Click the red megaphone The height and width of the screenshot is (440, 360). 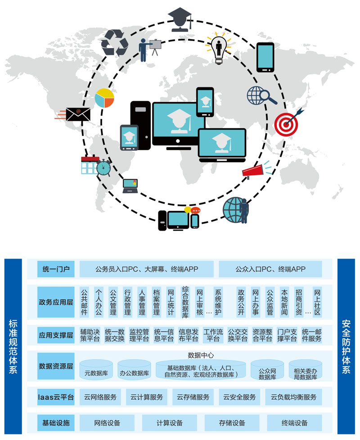pyautogui.click(x=253, y=172)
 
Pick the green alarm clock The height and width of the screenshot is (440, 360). pyautogui.click(x=103, y=168)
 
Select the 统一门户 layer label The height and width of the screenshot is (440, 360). pyautogui.click(x=56, y=269)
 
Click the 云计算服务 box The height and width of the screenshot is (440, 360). pyautogui.click(x=147, y=397)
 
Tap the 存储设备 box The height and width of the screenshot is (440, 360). pyautogui.click(x=232, y=422)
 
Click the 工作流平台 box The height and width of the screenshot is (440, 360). pyautogui.click(x=213, y=336)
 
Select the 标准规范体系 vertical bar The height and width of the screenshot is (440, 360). pyautogui.click(x=13, y=346)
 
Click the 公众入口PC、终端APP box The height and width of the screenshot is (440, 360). pyautogui.click(x=270, y=269)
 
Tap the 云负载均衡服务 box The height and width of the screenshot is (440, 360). pyautogui.click(x=293, y=397)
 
